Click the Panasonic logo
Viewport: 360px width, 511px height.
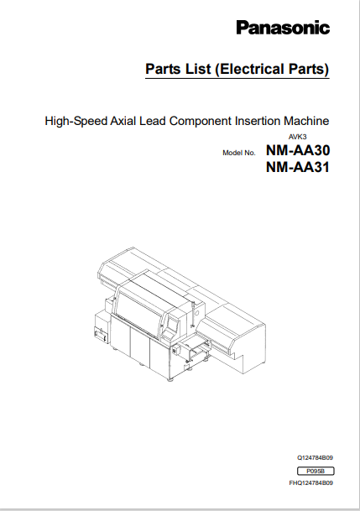click(283, 28)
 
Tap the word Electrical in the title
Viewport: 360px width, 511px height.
click(249, 69)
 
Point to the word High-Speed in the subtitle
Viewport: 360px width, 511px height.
click(76, 121)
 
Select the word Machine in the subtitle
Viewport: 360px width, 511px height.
click(306, 121)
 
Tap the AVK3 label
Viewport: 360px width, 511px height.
click(297, 137)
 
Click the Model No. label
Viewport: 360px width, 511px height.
click(239, 153)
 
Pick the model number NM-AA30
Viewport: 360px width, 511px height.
click(298, 150)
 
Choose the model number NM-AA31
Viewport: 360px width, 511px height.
click(298, 167)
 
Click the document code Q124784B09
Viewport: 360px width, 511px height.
click(315, 458)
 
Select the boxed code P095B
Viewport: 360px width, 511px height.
click(316, 471)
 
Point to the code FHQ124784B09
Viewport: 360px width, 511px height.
click(311, 483)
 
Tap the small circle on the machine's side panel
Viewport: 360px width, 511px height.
click(196, 314)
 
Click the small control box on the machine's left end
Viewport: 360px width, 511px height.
click(101, 334)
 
